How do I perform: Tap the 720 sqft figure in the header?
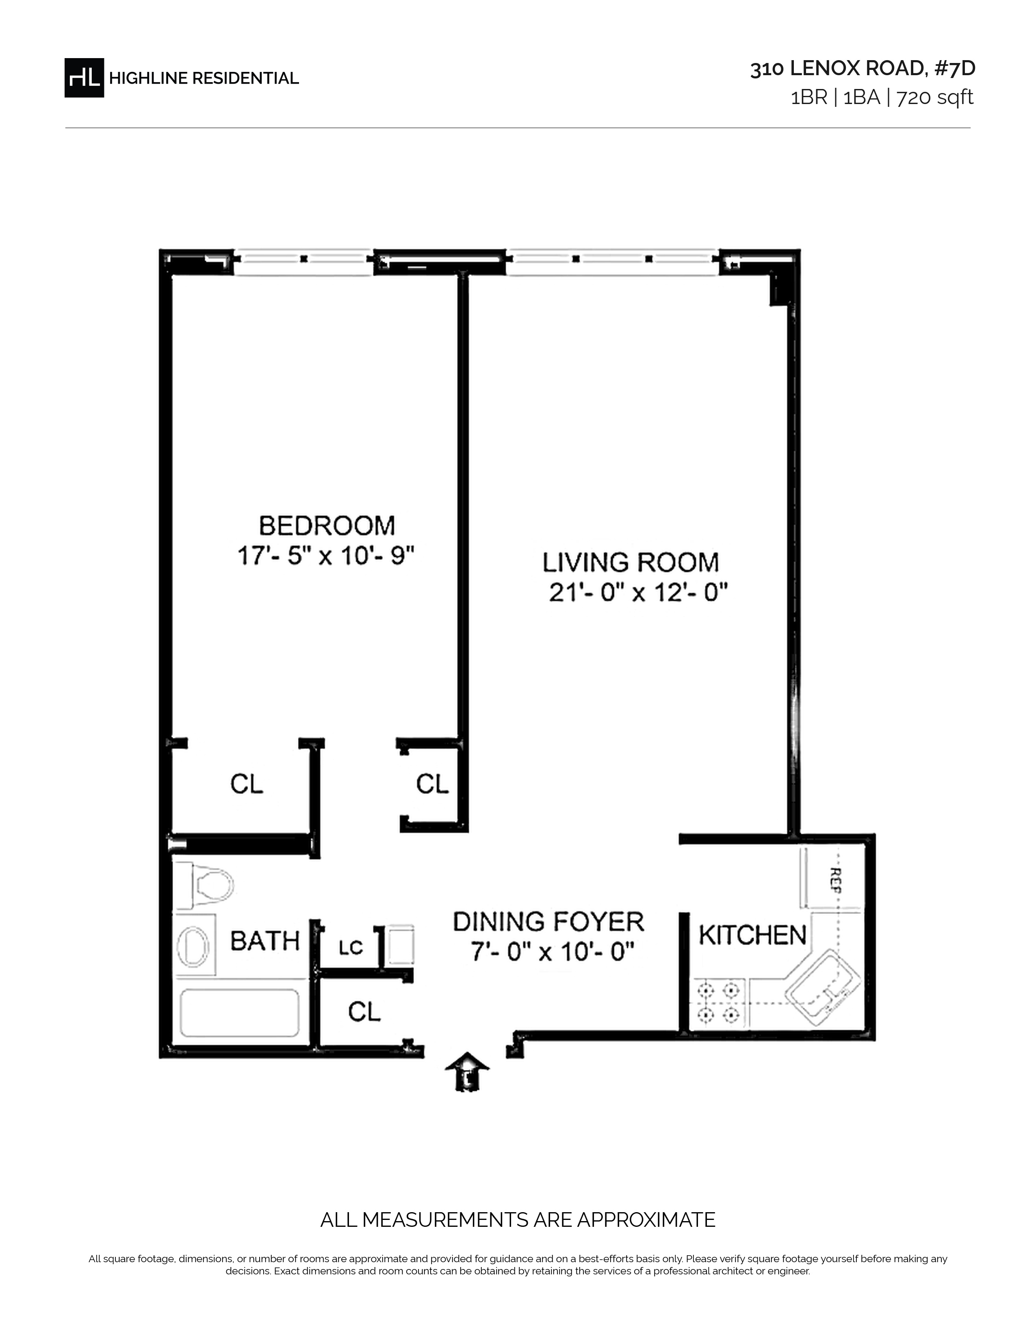[x=935, y=98]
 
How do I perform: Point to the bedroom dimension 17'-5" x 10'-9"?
[x=326, y=556]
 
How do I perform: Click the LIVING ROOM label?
[x=631, y=562]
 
